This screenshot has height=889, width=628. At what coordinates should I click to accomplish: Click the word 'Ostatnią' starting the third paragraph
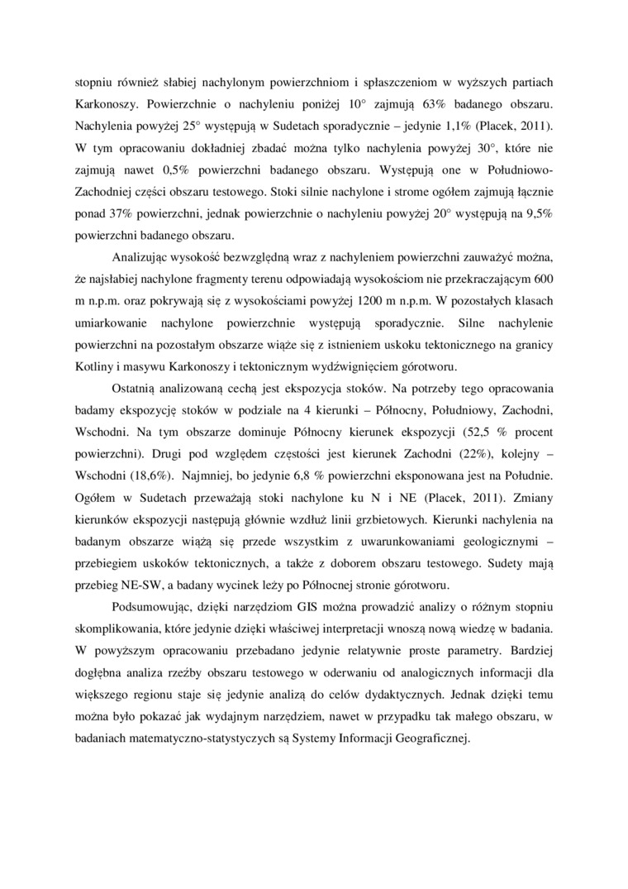pos(137,389)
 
